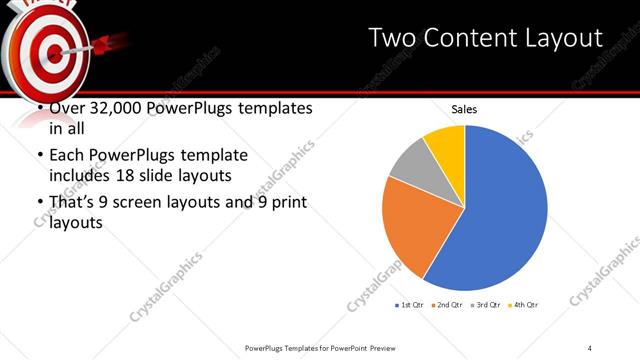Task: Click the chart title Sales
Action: click(464, 108)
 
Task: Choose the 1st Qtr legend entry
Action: click(411, 304)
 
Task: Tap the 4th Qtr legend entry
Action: click(525, 304)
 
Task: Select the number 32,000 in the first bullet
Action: click(110, 108)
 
